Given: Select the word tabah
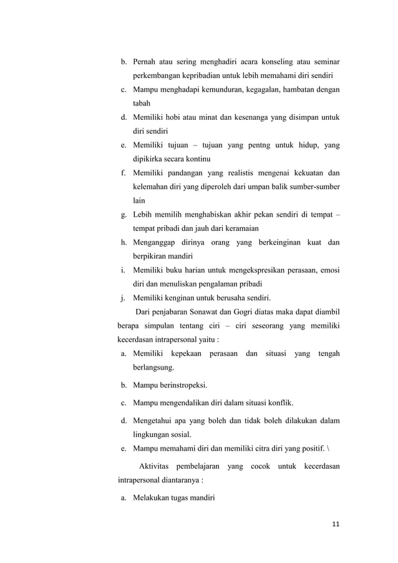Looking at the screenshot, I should click(142, 104).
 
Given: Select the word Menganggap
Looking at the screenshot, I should click(156, 242).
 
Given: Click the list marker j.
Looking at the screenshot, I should click(124, 297).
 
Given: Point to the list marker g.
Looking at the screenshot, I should click(124, 215).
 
